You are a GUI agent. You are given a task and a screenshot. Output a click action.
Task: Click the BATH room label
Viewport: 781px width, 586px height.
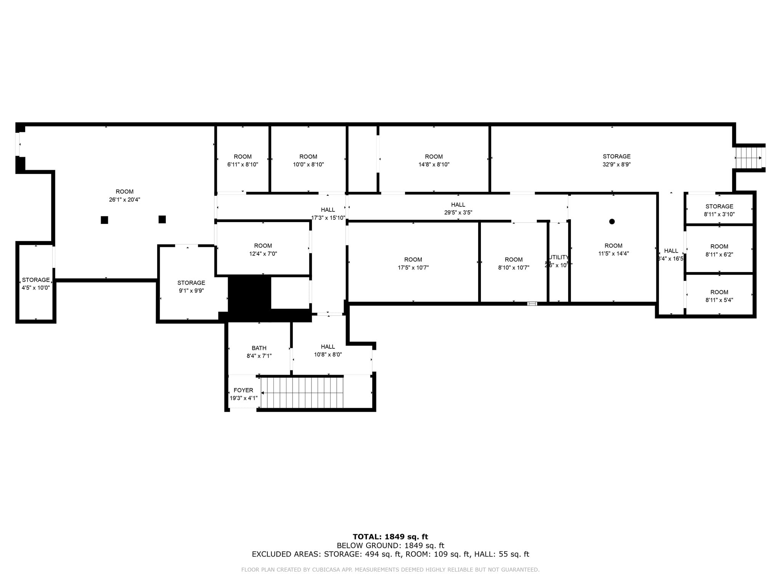(259, 348)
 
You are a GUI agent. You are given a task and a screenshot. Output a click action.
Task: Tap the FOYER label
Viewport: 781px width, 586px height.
(243, 390)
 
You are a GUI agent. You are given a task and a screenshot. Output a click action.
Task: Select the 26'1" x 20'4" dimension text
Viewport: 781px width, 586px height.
(124, 200)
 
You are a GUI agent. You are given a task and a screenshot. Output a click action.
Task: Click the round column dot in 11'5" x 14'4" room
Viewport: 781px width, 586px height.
(612, 222)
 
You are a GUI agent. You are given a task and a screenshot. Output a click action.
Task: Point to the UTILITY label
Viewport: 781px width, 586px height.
(559, 258)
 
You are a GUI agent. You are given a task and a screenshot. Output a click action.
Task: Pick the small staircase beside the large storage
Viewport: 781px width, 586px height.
(749, 158)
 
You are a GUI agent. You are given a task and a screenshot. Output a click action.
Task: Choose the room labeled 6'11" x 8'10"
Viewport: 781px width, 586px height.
(243, 161)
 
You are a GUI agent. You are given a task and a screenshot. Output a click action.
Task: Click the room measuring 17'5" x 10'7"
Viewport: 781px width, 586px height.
(413, 264)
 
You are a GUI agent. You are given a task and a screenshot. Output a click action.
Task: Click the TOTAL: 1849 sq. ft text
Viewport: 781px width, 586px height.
(390, 537)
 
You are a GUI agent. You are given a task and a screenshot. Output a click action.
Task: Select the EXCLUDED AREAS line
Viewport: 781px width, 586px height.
(390, 554)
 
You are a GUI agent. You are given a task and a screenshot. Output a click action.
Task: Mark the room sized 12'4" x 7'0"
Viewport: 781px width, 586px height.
(263, 250)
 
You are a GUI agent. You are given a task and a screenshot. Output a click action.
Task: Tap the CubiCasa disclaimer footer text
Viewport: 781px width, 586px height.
(390, 570)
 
